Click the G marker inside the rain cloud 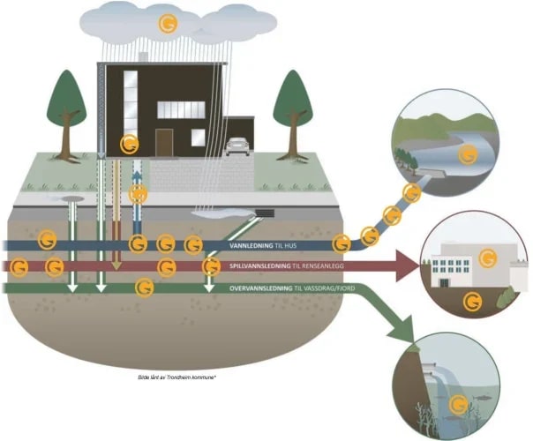tap(161, 23)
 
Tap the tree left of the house tap(65, 105)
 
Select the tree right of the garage tap(294, 105)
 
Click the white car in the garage tap(236, 146)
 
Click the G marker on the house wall tap(129, 144)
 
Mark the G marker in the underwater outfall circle tap(458, 405)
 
